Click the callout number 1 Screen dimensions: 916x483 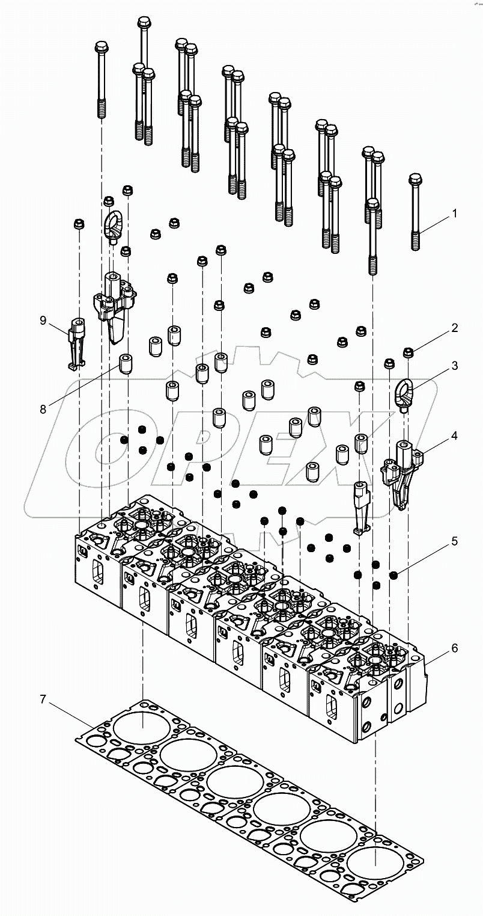point(454,214)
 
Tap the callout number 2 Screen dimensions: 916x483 point(454,328)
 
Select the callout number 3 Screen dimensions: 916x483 point(454,366)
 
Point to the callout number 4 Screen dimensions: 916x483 point(454,435)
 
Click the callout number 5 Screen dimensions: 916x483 point(454,541)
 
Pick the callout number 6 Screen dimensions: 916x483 point(454,648)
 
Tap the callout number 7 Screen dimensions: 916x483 point(43,699)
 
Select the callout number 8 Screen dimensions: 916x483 point(43,410)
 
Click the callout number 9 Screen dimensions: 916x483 point(43,321)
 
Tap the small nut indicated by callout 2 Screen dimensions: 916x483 point(407,351)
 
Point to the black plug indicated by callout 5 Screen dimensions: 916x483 point(394,576)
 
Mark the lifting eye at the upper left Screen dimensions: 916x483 point(114,223)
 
